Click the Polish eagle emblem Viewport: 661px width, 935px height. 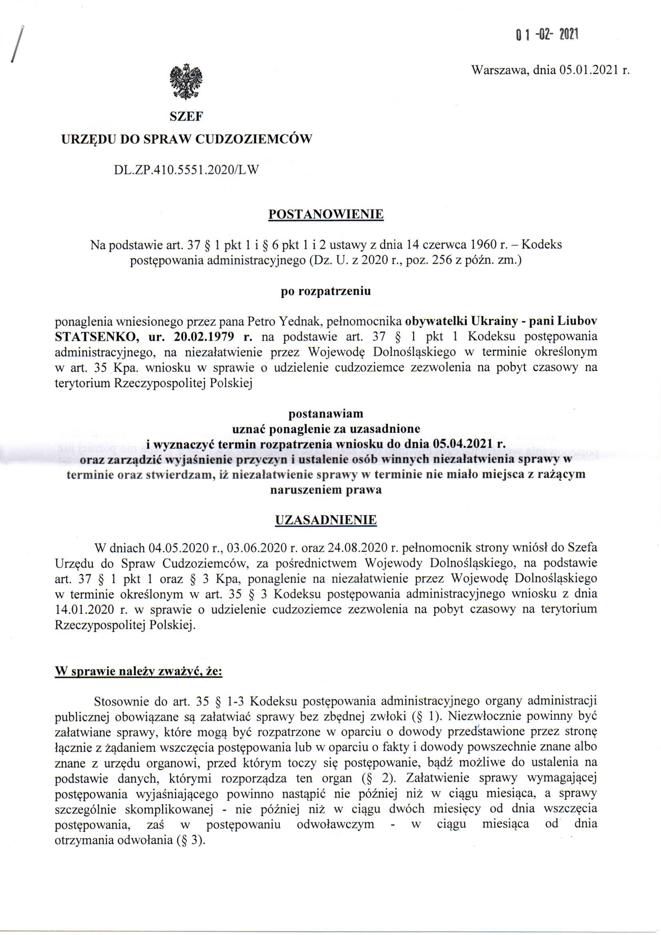coord(186,82)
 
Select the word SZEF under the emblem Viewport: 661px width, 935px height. coord(186,117)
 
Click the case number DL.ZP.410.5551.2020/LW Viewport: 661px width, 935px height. coord(186,170)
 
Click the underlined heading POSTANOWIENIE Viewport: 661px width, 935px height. coord(326,214)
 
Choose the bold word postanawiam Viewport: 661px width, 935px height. coord(326,414)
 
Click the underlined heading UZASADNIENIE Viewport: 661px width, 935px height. coord(326,520)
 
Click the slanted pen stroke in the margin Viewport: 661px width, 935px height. coord(17,44)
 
